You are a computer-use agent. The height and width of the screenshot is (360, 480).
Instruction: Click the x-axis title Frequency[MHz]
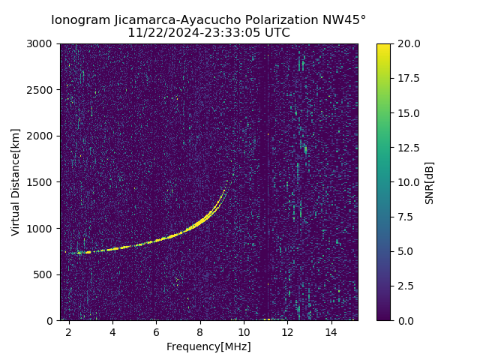coord(208,346)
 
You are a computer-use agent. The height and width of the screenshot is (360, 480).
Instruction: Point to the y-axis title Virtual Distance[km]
coord(16,181)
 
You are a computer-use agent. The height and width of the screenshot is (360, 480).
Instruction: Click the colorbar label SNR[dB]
coord(430,182)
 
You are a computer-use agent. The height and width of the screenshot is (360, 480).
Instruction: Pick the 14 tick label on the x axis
coord(331,331)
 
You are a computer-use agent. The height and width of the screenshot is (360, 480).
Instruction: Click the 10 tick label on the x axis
coord(244,331)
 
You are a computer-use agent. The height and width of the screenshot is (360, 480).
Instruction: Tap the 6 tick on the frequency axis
coord(156,331)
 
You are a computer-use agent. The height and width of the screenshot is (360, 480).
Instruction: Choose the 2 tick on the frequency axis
coord(69,331)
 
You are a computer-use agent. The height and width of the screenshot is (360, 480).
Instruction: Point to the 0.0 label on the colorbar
coord(405,320)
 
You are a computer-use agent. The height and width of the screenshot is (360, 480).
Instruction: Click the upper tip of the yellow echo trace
coord(226,184)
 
